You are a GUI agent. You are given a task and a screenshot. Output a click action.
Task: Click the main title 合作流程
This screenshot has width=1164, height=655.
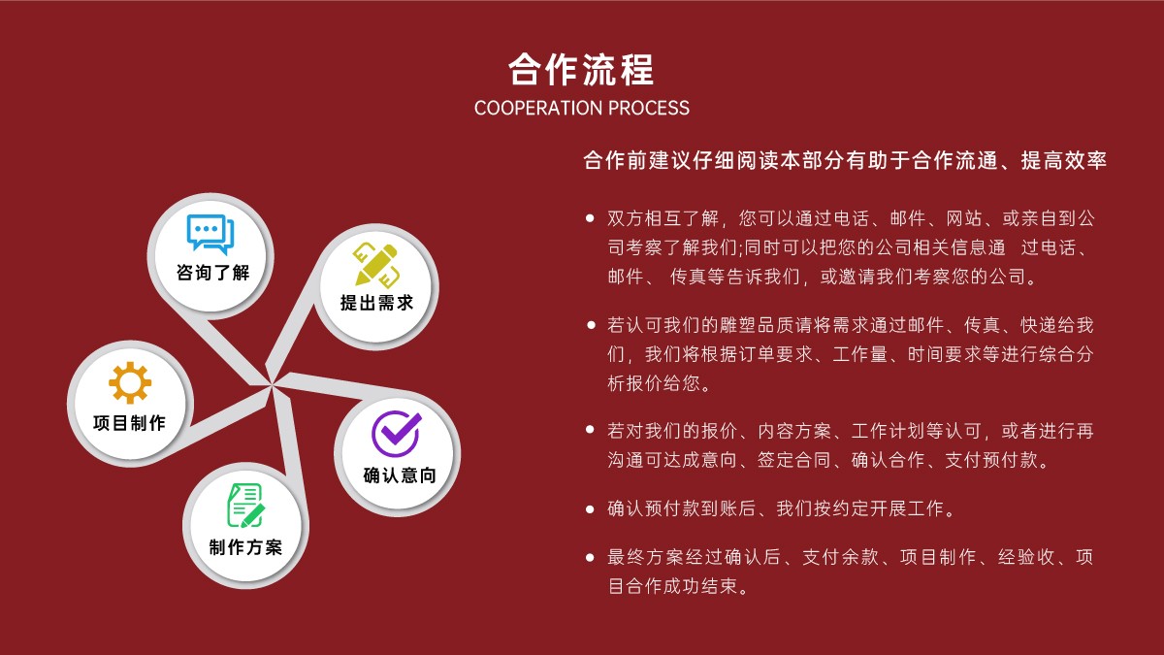[x=581, y=70]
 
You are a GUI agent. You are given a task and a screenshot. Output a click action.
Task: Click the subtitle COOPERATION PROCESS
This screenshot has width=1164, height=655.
[x=581, y=108]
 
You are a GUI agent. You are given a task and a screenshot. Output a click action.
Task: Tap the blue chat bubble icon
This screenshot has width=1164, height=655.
[x=210, y=234]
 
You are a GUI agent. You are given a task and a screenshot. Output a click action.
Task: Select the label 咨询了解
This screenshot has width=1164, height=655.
[x=212, y=273]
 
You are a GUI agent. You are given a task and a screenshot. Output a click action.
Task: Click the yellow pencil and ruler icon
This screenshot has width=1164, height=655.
[x=375, y=265]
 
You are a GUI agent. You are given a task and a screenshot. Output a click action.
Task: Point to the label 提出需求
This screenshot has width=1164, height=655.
[x=376, y=303]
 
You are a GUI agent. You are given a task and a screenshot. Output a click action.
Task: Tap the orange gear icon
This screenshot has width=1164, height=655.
[x=130, y=383]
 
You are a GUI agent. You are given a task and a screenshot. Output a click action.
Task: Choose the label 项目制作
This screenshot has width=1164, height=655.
[x=129, y=423]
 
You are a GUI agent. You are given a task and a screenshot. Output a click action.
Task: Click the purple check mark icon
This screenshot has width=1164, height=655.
[x=397, y=434]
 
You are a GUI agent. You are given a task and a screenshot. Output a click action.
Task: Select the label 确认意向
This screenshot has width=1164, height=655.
[x=400, y=475]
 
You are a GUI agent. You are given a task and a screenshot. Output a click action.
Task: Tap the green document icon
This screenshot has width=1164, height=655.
[x=245, y=506]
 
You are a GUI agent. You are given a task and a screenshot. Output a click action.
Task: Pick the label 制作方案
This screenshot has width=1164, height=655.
[x=245, y=547]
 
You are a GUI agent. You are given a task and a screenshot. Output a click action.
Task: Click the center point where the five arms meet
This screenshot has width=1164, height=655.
[x=272, y=386]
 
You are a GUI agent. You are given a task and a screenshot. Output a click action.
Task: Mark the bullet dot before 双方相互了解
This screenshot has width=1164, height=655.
[x=590, y=218]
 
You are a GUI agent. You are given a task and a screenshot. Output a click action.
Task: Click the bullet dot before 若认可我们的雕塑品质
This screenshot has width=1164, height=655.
[x=591, y=325]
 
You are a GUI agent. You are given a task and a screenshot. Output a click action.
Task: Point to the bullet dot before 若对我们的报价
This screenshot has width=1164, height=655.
[x=590, y=429]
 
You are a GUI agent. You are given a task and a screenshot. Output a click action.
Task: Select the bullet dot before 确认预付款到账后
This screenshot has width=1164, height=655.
[x=590, y=508]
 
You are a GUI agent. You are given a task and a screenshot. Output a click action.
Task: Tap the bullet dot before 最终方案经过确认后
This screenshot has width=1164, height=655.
[x=590, y=558]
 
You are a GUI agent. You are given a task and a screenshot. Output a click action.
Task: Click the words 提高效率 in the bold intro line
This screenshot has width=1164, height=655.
[x=1064, y=161]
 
